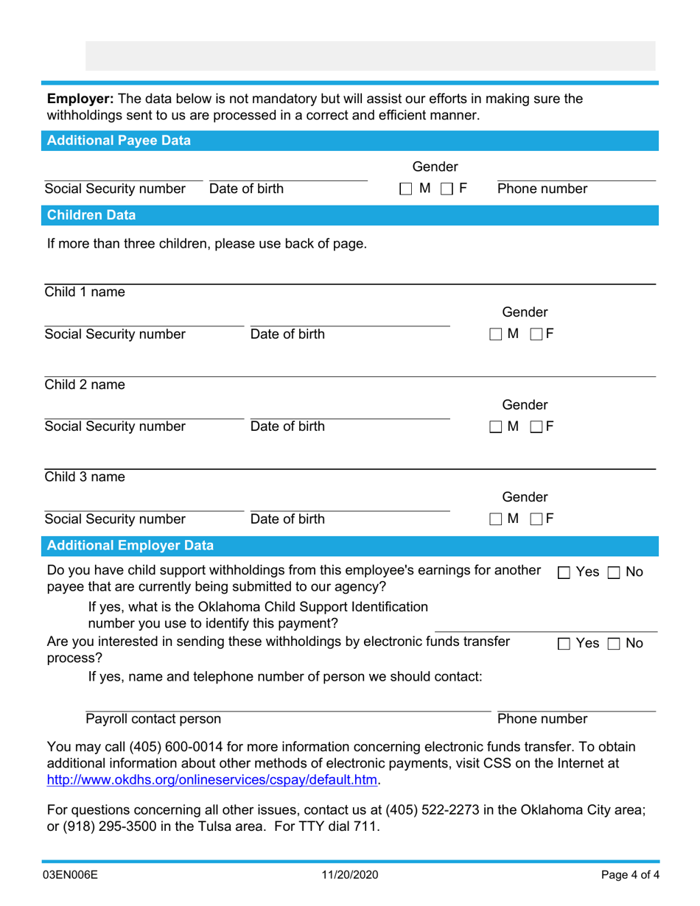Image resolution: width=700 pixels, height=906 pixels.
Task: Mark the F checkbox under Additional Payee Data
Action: tap(447, 189)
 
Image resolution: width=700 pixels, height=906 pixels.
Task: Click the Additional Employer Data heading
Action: tap(130, 546)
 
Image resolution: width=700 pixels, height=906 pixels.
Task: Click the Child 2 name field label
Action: tap(85, 384)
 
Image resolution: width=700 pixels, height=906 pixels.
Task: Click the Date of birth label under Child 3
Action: tap(287, 519)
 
